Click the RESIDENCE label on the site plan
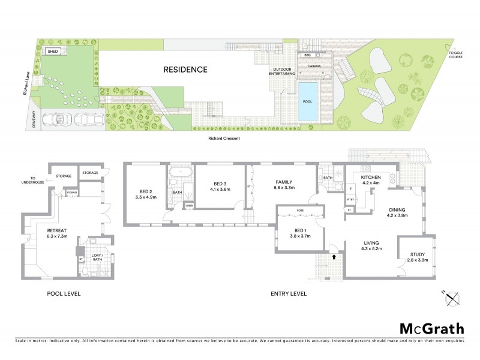[x=185, y=70]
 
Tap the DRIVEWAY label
[x=25, y=118]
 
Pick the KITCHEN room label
[x=372, y=178]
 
